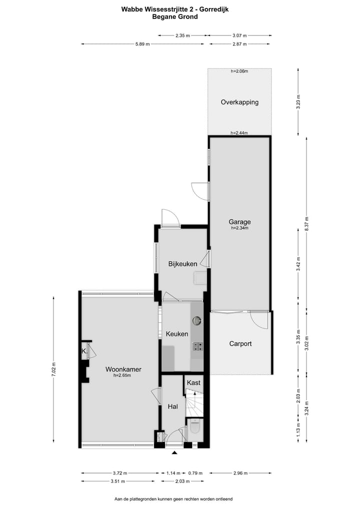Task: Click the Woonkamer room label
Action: click(123, 370)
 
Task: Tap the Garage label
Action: click(239, 222)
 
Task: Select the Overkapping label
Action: click(239, 102)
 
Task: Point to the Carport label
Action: click(240, 344)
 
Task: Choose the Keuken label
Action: click(176, 334)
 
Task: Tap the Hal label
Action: click(173, 407)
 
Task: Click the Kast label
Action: click(193, 383)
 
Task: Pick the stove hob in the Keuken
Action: click(197, 346)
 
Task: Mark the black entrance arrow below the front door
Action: click(174, 453)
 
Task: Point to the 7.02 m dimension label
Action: click(54, 371)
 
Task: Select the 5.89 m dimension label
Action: click(142, 44)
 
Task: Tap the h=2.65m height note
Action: click(122, 376)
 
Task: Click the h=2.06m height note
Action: click(239, 71)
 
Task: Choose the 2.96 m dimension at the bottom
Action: click(240, 473)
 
